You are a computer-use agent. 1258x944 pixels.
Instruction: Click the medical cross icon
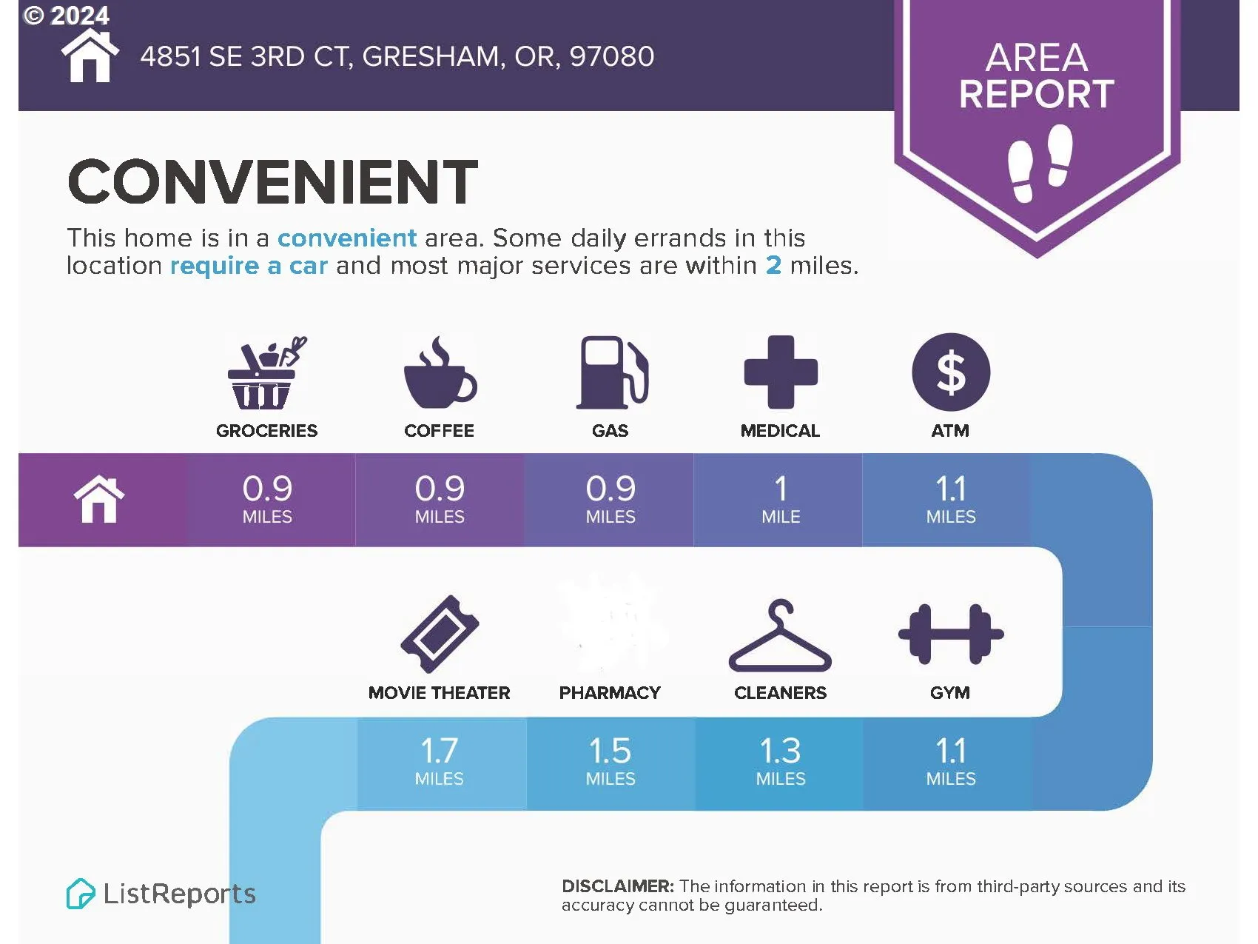781,372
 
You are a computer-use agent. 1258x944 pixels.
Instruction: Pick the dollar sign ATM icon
951,372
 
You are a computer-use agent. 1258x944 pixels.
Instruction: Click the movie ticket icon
440,635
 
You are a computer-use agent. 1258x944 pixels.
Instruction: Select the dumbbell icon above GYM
951,635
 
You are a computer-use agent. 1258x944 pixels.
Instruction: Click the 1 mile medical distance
781,499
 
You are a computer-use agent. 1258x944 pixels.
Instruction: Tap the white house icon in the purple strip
99,500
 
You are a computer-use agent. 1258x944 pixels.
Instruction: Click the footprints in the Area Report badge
1040,163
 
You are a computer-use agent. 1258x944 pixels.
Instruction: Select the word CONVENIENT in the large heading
273,182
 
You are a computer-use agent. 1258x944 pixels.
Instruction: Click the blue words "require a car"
249,265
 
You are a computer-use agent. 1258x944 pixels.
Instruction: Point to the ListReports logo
161,894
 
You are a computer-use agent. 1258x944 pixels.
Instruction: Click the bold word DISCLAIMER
618,886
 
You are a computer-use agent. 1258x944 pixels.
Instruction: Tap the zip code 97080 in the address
612,56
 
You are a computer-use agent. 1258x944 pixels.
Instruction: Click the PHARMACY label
610,693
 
